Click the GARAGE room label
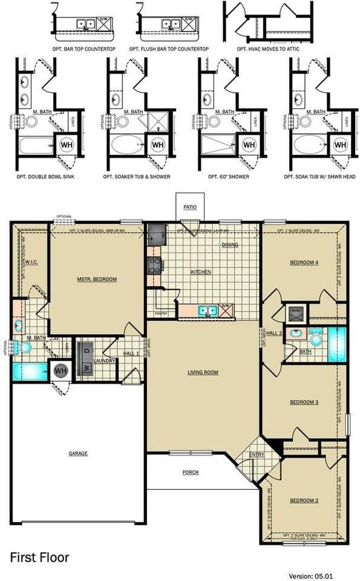coord(77,453)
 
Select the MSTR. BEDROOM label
coord(97,279)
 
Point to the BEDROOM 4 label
coord(304,262)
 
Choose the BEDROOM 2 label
coord(304,500)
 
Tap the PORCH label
coord(191,472)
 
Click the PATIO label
coord(190,207)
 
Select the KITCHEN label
coord(201,272)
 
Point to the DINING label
coord(230,245)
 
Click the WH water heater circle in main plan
coord(61,370)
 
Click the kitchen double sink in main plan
coord(209,311)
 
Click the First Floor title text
coord(39,557)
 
